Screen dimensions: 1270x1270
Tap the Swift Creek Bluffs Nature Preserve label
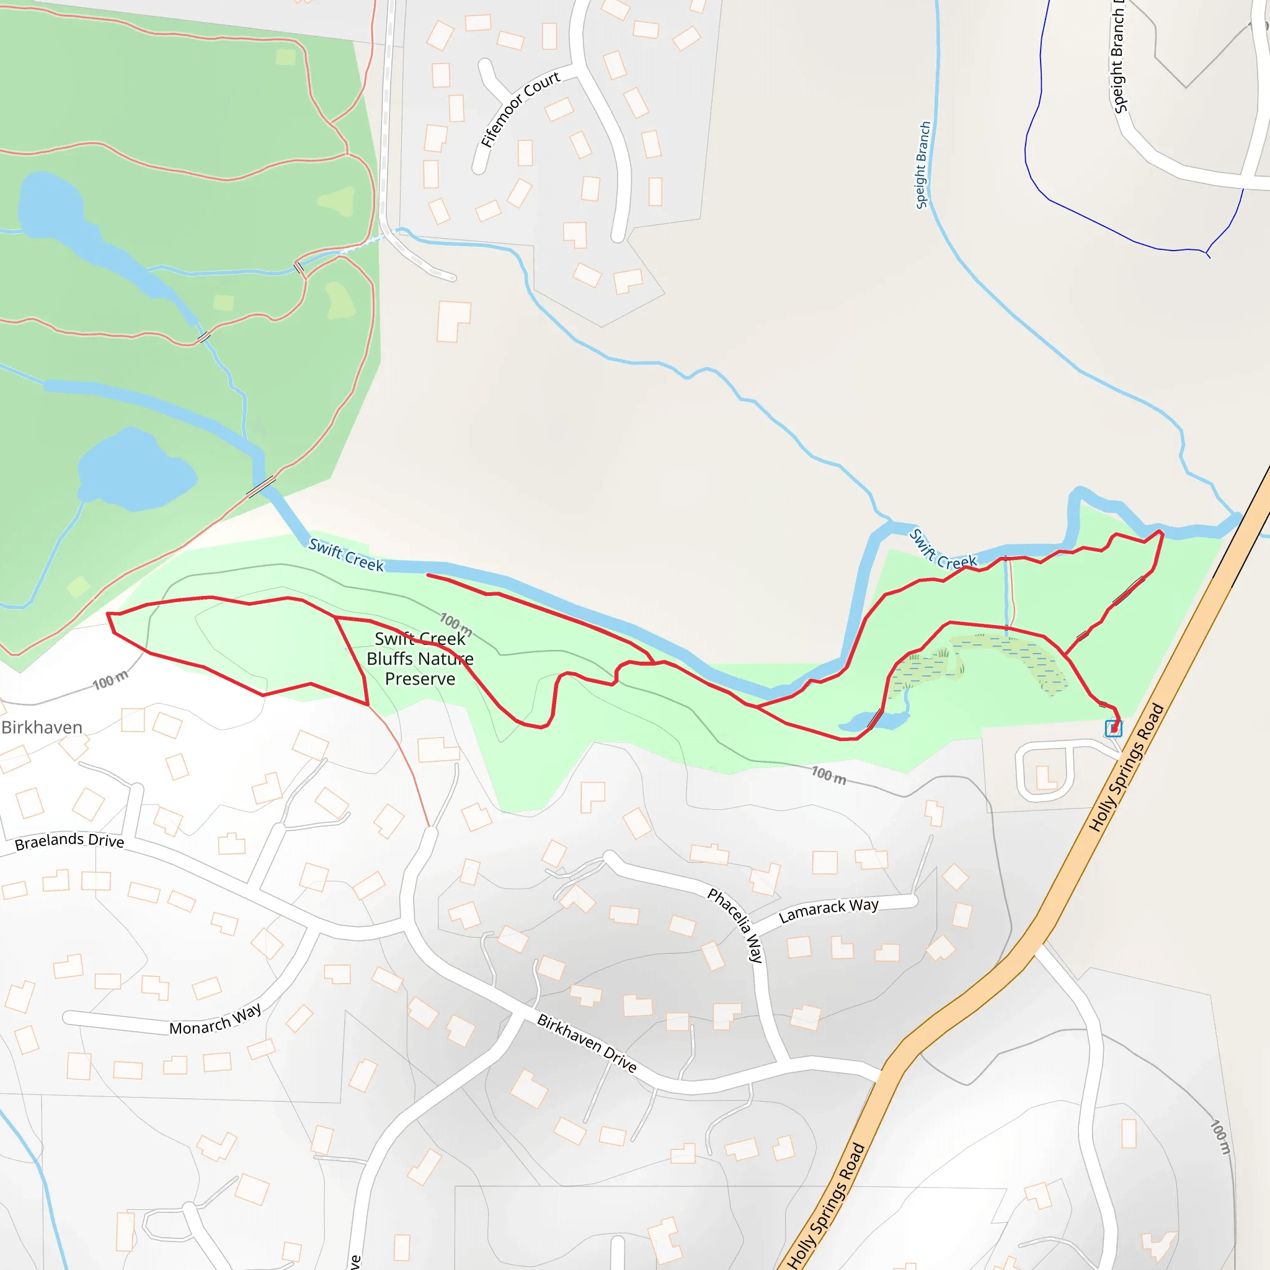pyautogui.click(x=420, y=659)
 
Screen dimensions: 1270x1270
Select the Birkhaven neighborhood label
pyautogui.click(x=42, y=727)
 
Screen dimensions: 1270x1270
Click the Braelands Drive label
pyautogui.click(x=69, y=841)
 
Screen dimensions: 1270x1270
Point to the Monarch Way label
pyautogui.click(x=216, y=1019)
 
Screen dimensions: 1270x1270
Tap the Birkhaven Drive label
pyautogui.click(x=587, y=1043)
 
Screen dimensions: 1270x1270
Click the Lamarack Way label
pyautogui.click(x=828, y=910)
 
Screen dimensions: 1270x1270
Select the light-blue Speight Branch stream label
pyautogui.click(x=923, y=165)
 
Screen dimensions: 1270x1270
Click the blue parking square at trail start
pyautogui.click(x=1114, y=729)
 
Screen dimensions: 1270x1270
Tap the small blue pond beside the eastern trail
pyautogui.click(x=874, y=722)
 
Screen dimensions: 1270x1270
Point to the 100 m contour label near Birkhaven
pyautogui.click(x=110, y=680)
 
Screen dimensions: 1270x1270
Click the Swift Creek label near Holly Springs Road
pyautogui.click(x=943, y=549)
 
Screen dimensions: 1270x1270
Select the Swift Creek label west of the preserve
pyautogui.click(x=346, y=556)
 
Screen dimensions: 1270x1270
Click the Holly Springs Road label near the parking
pyautogui.click(x=1127, y=768)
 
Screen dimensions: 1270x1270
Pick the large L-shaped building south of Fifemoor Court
pyautogui.click(x=453, y=321)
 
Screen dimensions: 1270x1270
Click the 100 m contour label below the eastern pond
pyautogui.click(x=828, y=776)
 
